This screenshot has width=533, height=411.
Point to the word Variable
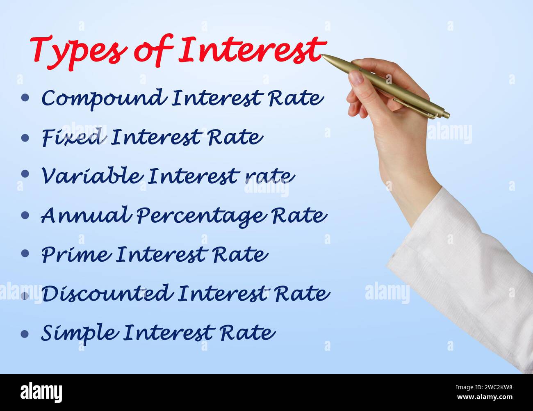tap(91, 176)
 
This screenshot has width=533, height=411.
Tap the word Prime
tap(76, 254)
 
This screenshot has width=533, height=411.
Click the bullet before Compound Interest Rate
tap(25, 98)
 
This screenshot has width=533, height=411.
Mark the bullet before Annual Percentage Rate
tap(25, 215)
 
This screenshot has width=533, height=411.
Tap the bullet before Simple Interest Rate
tap(25, 333)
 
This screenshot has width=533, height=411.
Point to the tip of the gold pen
tap(323, 56)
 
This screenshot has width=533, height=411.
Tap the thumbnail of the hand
tap(356, 77)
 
